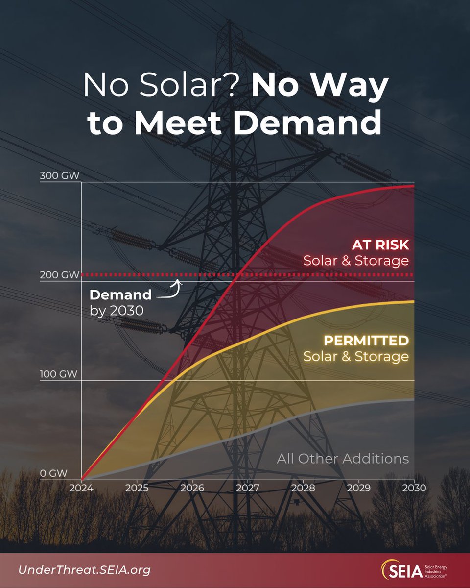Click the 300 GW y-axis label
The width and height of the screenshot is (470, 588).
[59, 176]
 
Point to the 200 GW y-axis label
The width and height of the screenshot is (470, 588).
[59, 275]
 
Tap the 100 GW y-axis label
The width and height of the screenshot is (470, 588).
[59, 375]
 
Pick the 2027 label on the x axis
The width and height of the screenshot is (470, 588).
[248, 489]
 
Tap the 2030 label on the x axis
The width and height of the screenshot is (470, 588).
[414, 489]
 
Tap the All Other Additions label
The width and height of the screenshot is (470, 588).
[342, 459]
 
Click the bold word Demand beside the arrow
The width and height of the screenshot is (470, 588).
[120, 295]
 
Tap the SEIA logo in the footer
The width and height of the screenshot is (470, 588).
[417, 570]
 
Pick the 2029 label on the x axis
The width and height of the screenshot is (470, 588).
[359, 489]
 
